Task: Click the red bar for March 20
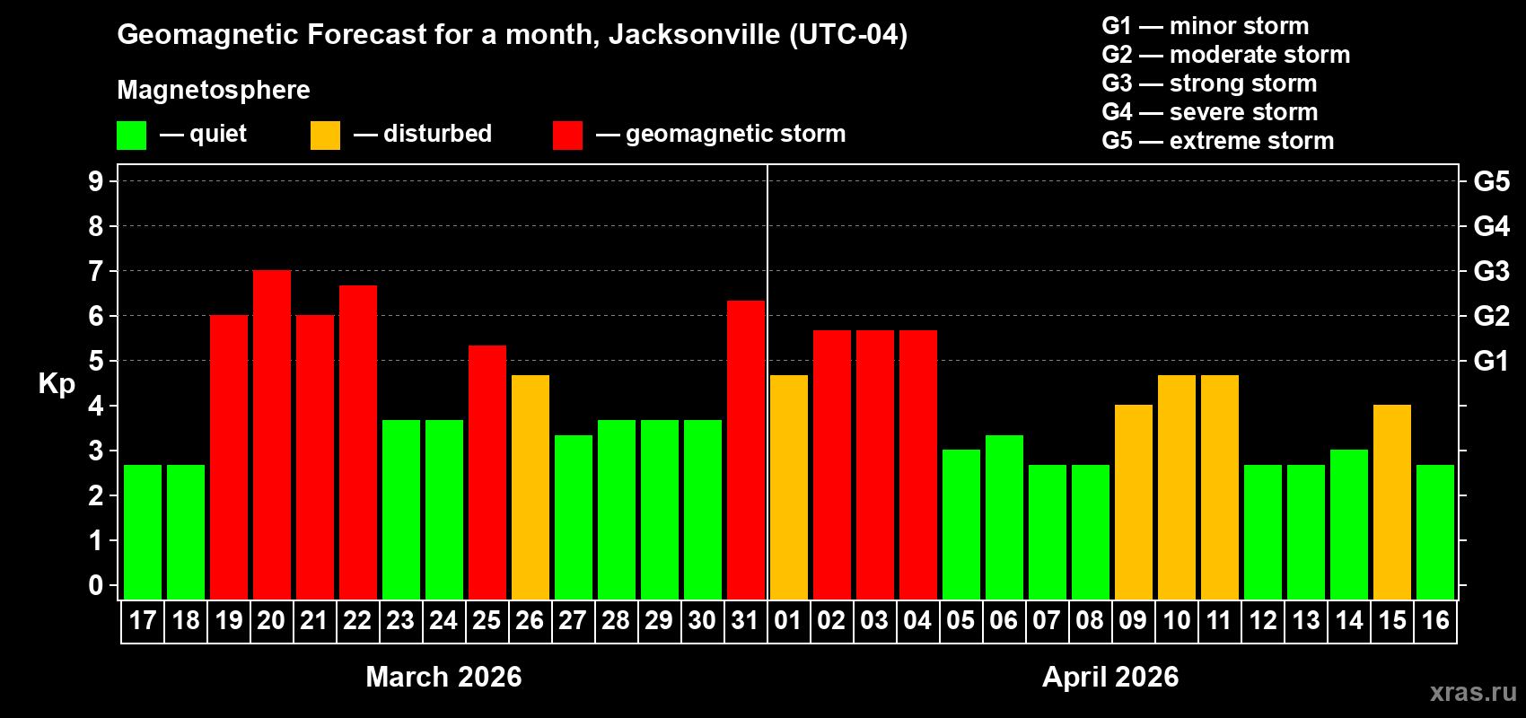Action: tap(272, 435)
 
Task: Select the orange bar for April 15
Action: tap(1392, 503)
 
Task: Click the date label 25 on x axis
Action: tap(487, 621)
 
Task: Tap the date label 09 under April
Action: tap(1133, 621)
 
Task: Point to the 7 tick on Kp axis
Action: tap(96, 271)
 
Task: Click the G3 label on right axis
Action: tap(1491, 271)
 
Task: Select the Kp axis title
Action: tap(57, 384)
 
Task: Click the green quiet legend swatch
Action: tap(132, 136)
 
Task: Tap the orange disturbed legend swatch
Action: tap(326, 136)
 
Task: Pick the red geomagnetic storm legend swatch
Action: tap(567, 136)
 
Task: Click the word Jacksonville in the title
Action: tap(694, 35)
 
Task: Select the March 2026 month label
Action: tap(443, 677)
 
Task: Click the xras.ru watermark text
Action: tap(1472, 692)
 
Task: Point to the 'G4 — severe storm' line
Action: tap(1209, 112)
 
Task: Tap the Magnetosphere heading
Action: tap(214, 90)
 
